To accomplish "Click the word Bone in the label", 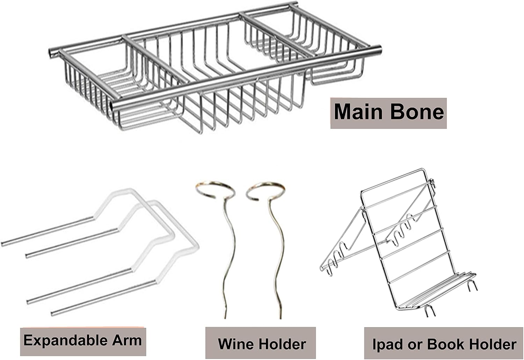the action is click(x=417, y=112).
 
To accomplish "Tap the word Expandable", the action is click(x=66, y=341).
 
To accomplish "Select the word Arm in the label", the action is click(x=127, y=340).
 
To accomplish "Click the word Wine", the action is click(x=235, y=344).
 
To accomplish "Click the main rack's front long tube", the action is click(x=246, y=77).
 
